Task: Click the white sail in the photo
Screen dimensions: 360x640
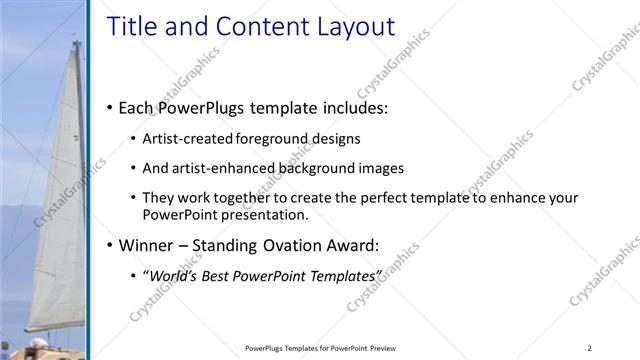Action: click(x=60, y=200)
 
